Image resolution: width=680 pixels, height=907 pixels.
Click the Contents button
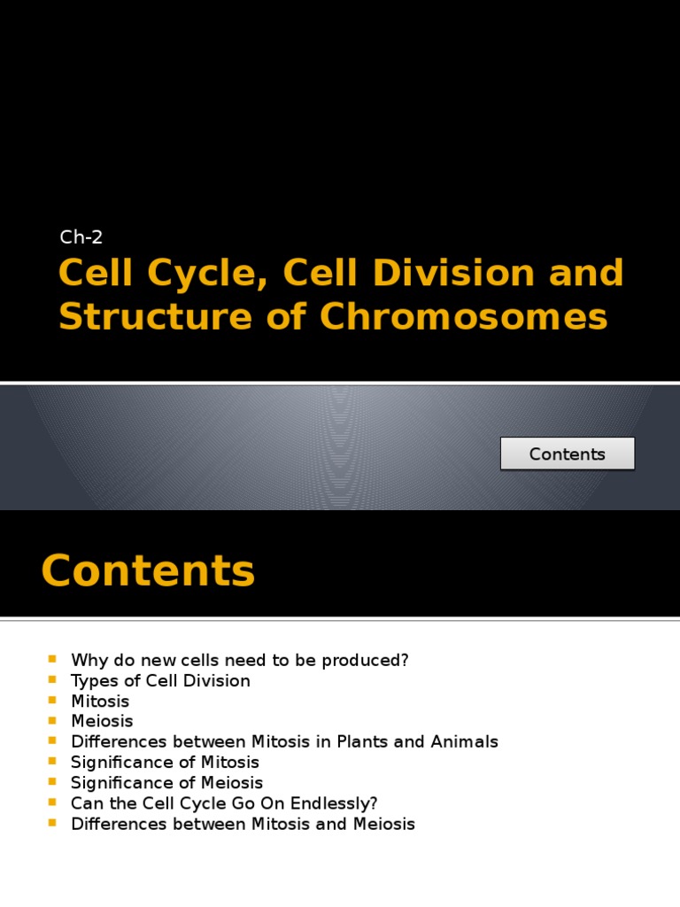[x=567, y=453]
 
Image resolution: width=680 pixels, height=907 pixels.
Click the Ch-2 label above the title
[x=81, y=236]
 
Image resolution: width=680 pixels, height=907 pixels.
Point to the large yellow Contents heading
[x=148, y=570]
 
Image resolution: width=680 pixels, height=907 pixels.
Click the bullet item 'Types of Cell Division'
[x=160, y=681]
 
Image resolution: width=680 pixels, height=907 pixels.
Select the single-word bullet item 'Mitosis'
[x=100, y=702]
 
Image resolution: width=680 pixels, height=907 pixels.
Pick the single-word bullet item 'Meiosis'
[x=102, y=722]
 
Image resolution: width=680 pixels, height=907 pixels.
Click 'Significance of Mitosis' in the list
[x=165, y=763]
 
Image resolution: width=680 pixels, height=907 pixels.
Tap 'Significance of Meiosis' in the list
[x=166, y=783]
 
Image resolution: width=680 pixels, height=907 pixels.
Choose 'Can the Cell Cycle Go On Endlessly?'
[x=224, y=803]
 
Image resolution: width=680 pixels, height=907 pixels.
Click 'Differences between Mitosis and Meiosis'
[x=243, y=824]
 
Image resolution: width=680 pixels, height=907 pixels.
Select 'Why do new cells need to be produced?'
[x=239, y=661]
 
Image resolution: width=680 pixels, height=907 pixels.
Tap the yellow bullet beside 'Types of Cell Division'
[x=51, y=680]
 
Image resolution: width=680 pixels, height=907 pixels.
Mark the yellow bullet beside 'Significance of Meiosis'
[x=51, y=782]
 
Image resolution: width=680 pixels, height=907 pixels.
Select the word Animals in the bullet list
[x=467, y=742]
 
